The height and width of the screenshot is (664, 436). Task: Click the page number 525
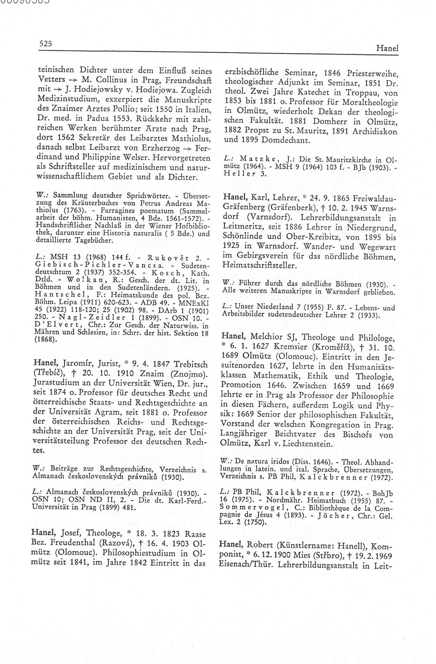tap(46, 44)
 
